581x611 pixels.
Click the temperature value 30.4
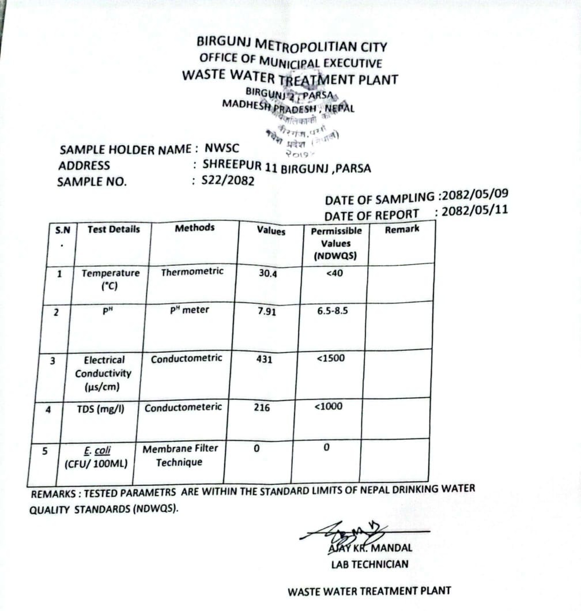pyautogui.click(x=268, y=274)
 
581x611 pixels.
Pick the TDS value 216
pyautogui.click(x=262, y=407)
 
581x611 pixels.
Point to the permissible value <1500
pyautogui.click(x=331, y=358)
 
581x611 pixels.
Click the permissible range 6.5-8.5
pyautogui.click(x=333, y=311)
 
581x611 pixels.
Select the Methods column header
pyautogui.click(x=194, y=228)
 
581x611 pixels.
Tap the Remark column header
pyautogui.click(x=402, y=229)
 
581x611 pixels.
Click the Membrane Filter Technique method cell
pyautogui.click(x=180, y=455)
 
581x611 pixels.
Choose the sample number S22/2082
pyautogui.click(x=228, y=180)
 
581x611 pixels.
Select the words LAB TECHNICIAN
pyautogui.click(x=369, y=564)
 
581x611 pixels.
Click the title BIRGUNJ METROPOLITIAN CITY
pyautogui.click(x=292, y=45)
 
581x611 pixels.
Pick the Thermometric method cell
pyautogui.click(x=192, y=271)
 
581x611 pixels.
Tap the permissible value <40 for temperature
pyautogui.click(x=334, y=273)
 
